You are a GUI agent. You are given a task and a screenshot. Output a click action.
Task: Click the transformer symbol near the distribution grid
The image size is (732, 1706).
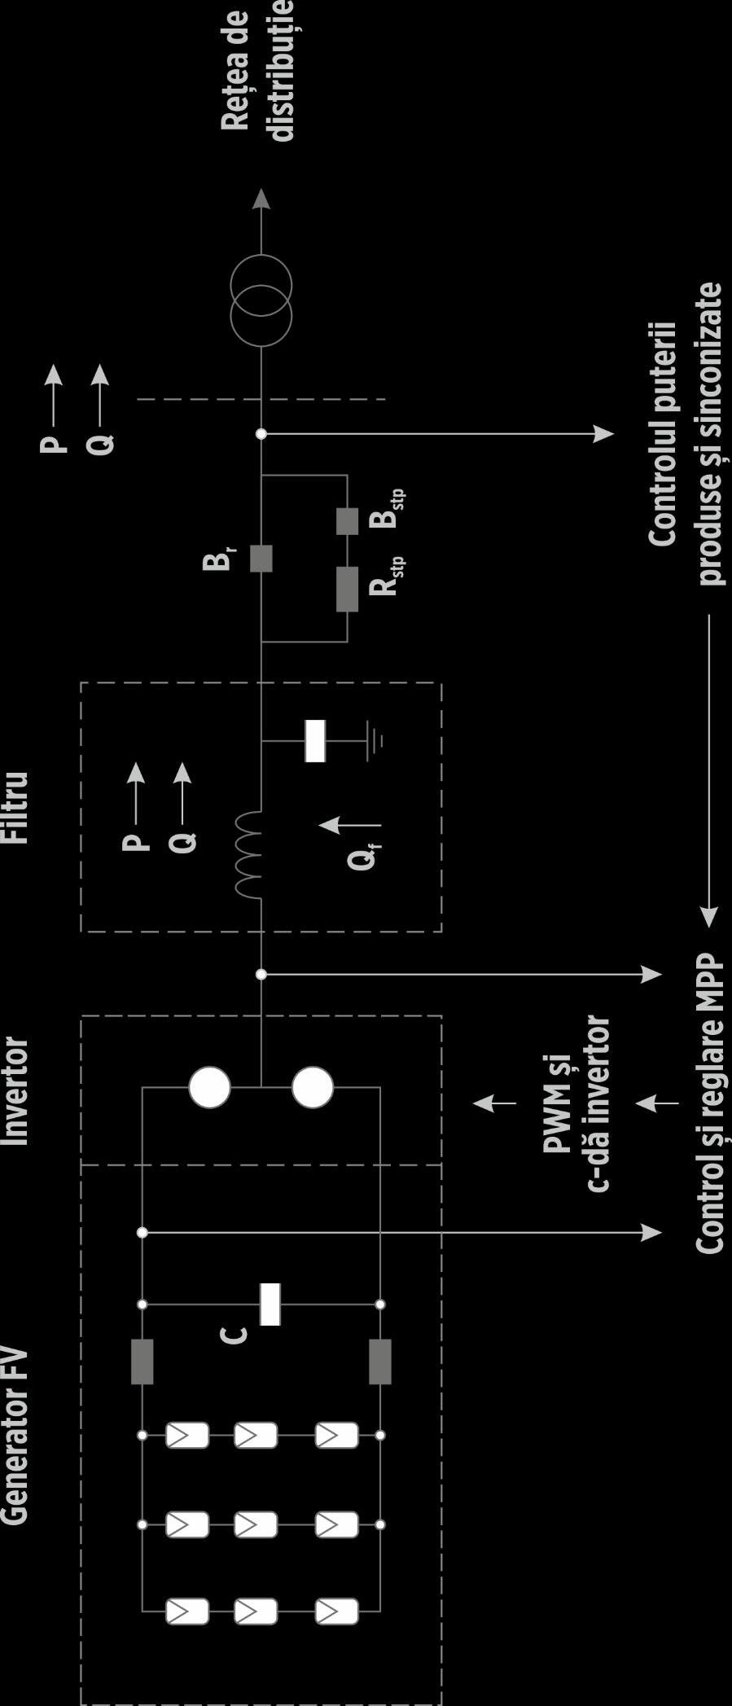(261, 300)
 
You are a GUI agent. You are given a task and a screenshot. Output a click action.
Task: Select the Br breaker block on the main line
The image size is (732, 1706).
(261, 558)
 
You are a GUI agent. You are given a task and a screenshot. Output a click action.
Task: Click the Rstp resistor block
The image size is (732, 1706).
(347, 590)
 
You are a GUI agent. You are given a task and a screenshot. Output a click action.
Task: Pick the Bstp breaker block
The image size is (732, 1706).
(347, 521)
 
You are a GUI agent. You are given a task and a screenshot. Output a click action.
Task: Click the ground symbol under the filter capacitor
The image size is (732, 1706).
(373, 740)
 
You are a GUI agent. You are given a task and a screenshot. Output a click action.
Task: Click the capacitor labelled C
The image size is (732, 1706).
(270, 1304)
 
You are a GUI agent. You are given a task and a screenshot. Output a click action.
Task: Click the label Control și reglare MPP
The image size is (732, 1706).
(709, 1103)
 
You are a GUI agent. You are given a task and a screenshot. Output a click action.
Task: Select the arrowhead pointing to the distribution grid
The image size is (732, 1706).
(261, 199)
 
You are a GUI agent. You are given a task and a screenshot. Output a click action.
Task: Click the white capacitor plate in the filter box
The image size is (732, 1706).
(315, 740)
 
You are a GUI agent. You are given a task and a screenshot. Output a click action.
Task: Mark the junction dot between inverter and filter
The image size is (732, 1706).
(261, 974)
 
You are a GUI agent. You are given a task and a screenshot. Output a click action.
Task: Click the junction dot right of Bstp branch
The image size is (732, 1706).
(261, 434)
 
